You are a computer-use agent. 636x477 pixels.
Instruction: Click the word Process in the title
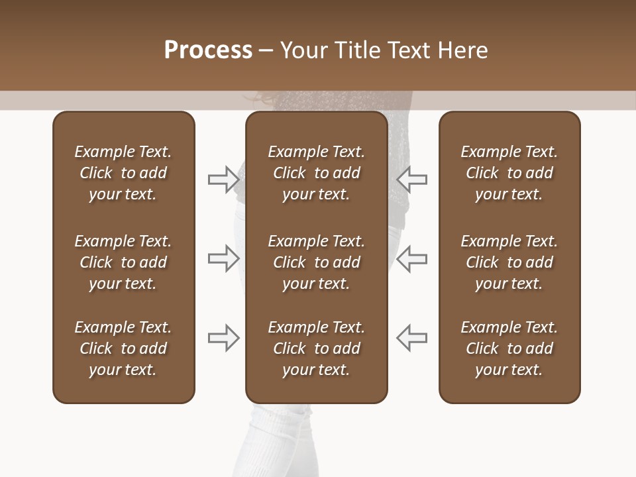[x=208, y=50]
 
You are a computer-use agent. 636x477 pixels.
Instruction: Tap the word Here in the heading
[x=462, y=50]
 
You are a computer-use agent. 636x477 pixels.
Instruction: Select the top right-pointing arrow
[x=223, y=179]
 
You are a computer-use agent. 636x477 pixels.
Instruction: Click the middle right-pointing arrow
[x=223, y=258]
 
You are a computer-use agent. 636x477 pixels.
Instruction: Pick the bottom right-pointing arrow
[x=223, y=338]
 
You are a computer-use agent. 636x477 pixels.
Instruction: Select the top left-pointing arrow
[x=411, y=179]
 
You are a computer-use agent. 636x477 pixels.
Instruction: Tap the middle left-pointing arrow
[x=411, y=258]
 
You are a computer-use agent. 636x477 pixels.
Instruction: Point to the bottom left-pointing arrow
[x=411, y=338]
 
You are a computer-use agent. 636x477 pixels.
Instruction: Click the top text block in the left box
[x=123, y=173]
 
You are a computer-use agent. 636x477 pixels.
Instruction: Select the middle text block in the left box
[x=123, y=262]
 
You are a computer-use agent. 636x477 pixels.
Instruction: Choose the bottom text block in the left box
[x=123, y=348]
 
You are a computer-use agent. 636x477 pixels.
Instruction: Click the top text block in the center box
[x=316, y=173]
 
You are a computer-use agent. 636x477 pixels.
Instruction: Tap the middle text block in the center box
[x=316, y=262]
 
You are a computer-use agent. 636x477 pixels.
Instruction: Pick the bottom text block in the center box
[x=316, y=348]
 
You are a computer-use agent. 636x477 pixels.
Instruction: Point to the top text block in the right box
[x=509, y=173]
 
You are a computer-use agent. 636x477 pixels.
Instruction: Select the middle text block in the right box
[x=509, y=262]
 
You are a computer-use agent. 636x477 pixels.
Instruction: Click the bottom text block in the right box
[x=509, y=348]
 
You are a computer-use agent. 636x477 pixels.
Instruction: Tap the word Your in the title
[x=302, y=50]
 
